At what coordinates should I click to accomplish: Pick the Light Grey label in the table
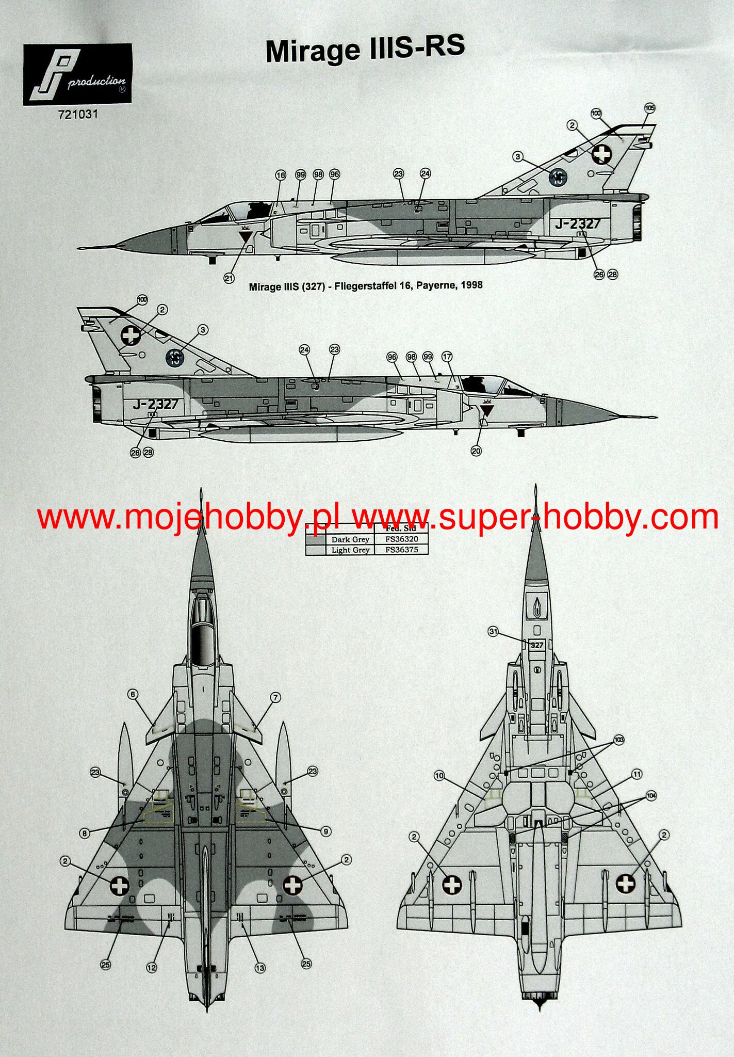[x=350, y=550]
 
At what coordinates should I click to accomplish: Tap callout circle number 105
[x=649, y=108]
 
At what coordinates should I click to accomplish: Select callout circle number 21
[x=230, y=278]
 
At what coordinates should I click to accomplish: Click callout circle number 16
[x=281, y=175]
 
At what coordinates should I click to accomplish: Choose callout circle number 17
[x=447, y=356]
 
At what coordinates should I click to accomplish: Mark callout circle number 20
[x=476, y=451]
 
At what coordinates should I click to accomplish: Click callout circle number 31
[x=494, y=631]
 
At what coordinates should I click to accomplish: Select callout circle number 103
[x=619, y=740]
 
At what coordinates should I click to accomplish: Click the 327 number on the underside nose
[x=536, y=645]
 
